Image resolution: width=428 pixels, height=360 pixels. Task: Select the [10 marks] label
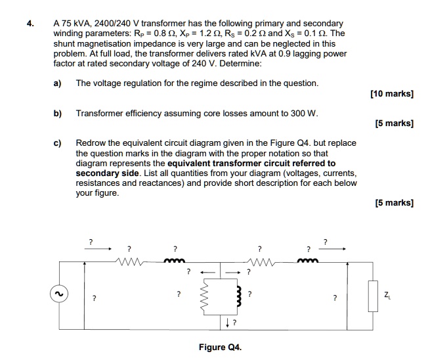(x=392, y=95)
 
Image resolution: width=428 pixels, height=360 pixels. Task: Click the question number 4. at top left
(x=30, y=23)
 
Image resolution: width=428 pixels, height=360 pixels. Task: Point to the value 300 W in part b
(x=303, y=113)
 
